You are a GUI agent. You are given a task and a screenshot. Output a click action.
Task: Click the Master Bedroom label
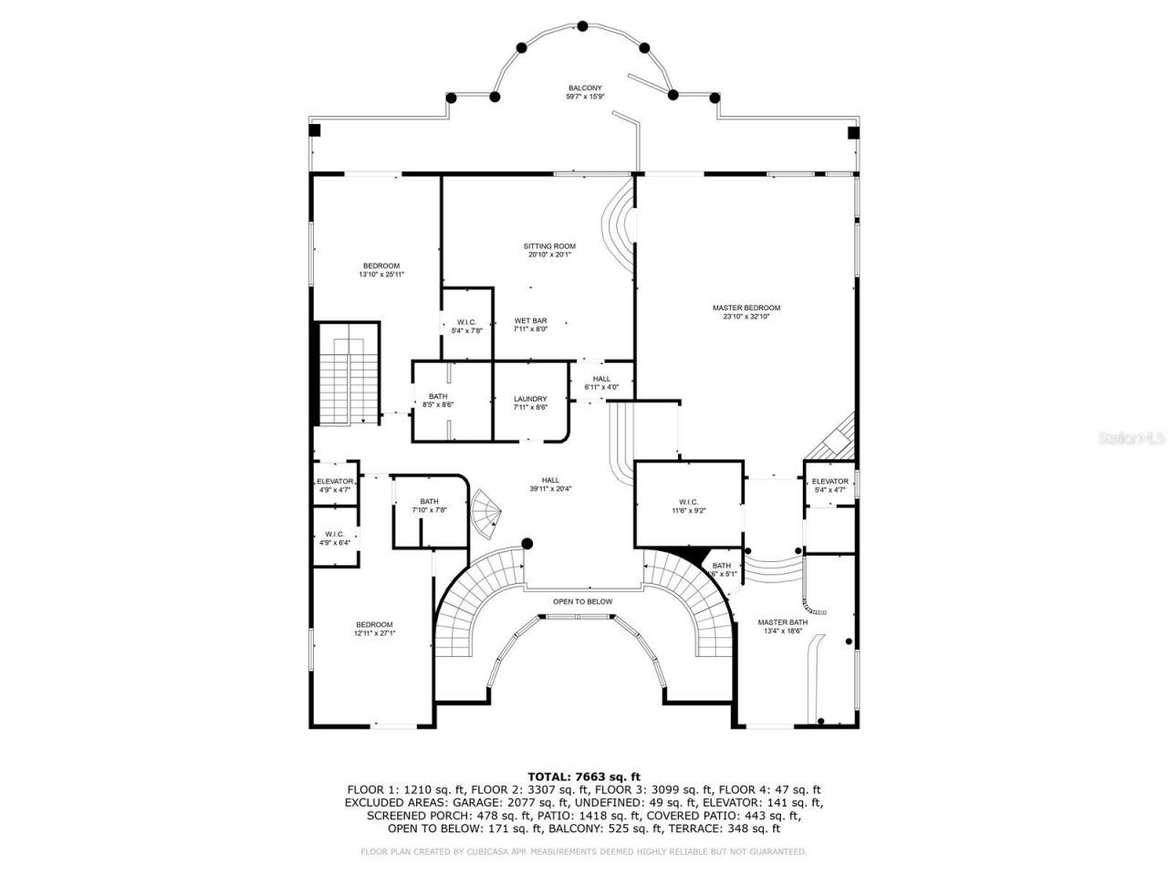pyautogui.click(x=746, y=313)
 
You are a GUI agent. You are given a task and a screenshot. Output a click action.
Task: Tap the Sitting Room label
pyautogui.click(x=549, y=250)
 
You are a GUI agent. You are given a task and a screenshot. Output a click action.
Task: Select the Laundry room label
pyautogui.click(x=530, y=402)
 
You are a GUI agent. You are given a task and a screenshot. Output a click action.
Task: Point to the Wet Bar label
pyautogui.click(x=530, y=325)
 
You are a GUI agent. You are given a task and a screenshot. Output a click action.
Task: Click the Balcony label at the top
pyautogui.click(x=585, y=92)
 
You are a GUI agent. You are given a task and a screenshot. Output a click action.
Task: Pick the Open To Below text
pyautogui.click(x=582, y=601)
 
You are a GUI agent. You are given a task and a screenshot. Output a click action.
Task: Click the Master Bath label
pyautogui.click(x=782, y=627)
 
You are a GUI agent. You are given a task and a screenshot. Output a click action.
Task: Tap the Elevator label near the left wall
pyautogui.click(x=334, y=485)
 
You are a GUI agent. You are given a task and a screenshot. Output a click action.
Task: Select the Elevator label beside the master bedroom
pyautogui.click(x=829, y=485)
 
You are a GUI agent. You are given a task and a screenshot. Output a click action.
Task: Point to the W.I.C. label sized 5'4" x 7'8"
pyautogui.click(x=466, y=326)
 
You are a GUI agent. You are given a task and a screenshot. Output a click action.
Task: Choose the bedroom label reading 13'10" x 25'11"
pyautogui.click(x=381, y=269)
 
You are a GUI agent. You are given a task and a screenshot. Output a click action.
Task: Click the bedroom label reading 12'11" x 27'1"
pyautogui.click(x=374, y=629)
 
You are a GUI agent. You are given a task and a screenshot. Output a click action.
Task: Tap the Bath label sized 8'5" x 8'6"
pyautogui.click(x=438, y=400)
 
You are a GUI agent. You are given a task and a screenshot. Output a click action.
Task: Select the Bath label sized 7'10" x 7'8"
pyautogui.click(x=429, y=506)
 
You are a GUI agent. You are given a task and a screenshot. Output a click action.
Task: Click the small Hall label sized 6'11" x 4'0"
pyautogui.click(x=601, y=382)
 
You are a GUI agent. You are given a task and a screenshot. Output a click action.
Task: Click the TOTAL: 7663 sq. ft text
pyautogui.click(x=584, y=777)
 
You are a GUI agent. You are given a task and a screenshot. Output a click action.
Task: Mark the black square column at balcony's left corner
pyautogui.click(x=315, y=130)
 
